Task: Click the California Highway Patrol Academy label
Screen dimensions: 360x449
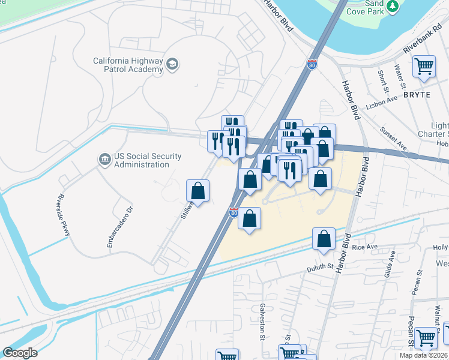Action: tap(128, 65)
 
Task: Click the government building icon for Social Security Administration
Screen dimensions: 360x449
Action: tap(104, 160)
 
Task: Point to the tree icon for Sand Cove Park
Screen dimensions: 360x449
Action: tap(393, 6)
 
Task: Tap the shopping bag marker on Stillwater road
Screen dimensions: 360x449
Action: tap(197, 191)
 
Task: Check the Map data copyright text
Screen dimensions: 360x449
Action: tap(424, 355)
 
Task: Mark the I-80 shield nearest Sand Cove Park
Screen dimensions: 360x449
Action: tap(312, 64)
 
